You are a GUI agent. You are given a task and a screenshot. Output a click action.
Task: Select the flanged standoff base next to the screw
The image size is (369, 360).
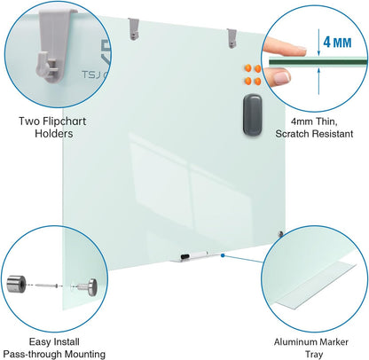90,286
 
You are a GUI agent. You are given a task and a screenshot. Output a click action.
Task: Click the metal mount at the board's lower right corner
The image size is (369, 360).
281,235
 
